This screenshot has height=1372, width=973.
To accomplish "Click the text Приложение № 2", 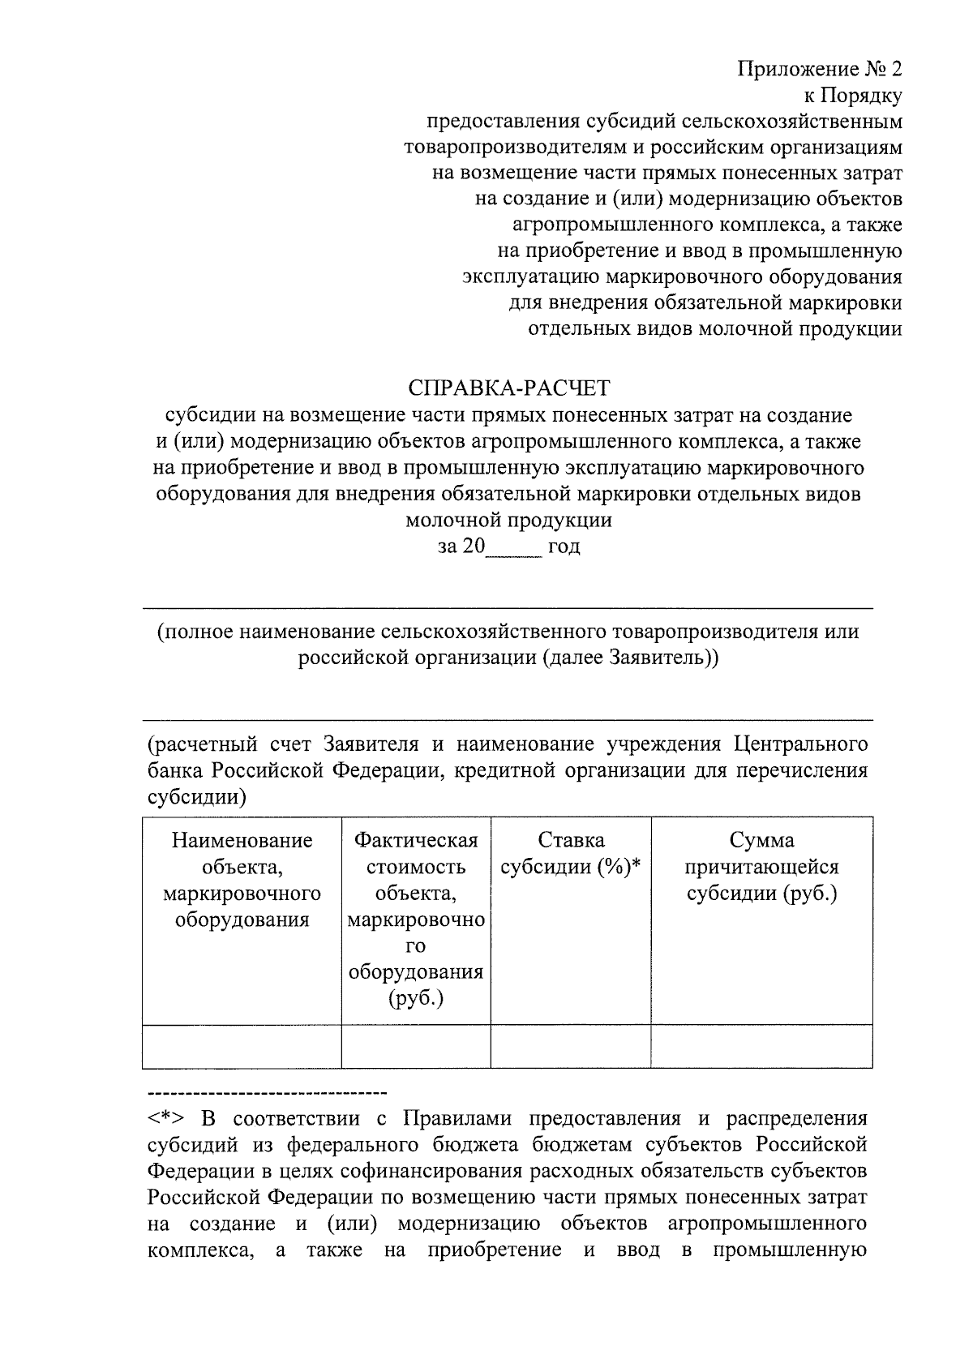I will [820, 68].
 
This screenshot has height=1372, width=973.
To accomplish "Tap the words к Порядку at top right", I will [852, 95].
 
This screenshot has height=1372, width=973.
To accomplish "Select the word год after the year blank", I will [564, 547].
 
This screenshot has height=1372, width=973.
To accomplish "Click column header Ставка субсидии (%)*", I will [571, 854].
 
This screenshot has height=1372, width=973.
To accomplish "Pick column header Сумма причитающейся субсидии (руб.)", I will [761, 867].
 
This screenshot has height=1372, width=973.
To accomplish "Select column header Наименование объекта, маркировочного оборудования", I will [242, 880].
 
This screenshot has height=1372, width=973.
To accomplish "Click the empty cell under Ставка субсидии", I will [571, 1046].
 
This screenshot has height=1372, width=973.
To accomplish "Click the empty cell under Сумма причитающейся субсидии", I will [761, 1046].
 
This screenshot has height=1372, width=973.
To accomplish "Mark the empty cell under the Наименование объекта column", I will [242, 1046].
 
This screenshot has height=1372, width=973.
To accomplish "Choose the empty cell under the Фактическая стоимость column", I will [416, 1046].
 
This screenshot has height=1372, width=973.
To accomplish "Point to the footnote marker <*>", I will [166, 1120].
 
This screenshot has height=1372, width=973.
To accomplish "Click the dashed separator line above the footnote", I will [268, 1093].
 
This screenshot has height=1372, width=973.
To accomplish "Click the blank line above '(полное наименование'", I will [508, 608].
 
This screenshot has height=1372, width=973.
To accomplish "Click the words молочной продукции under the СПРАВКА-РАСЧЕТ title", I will [508, 521].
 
